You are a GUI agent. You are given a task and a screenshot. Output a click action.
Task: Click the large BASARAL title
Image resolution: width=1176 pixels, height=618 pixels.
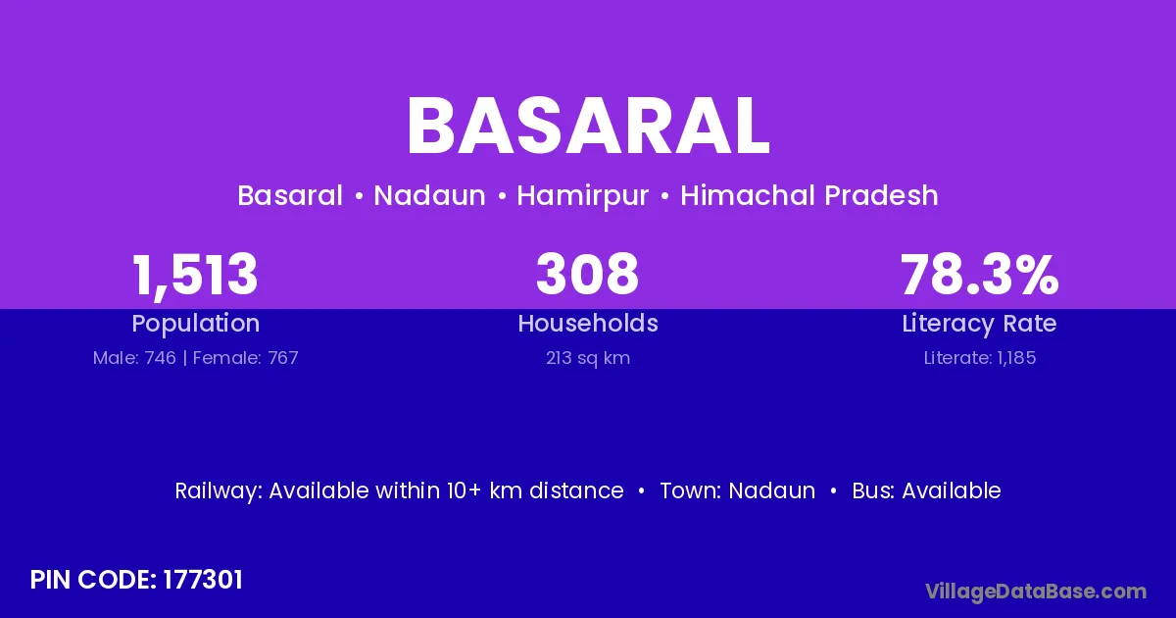tap(588, 127)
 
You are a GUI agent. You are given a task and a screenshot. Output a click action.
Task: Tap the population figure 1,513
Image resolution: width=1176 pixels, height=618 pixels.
tap(195, 276)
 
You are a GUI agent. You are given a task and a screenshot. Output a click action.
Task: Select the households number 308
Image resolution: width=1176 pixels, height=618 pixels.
tap(587, 274)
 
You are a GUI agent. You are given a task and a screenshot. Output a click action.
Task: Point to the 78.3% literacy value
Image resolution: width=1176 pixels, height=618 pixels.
tap(980, 274)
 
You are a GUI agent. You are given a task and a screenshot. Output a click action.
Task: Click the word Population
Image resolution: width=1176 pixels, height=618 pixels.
tap(196, 324)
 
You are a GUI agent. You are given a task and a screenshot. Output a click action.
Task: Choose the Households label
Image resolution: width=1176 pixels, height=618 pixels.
tap(588, 323)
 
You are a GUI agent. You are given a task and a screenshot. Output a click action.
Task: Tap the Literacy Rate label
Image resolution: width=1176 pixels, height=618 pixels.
tap(980, 324)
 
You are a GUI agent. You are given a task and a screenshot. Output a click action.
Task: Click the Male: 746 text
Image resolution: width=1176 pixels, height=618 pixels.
tap(134, 358)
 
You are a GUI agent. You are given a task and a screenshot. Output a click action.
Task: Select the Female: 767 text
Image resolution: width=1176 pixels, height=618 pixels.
tap(246, 358)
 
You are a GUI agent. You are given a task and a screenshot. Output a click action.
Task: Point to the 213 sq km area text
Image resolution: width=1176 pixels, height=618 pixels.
tap(588, 358)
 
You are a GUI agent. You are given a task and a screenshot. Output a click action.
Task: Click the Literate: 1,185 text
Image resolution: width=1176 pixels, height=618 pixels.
tap(980, 358)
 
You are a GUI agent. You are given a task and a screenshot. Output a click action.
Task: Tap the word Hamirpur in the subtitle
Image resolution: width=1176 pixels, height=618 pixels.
tap(583, 196)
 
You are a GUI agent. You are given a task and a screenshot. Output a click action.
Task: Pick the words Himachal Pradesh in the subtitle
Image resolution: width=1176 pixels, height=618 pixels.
tap(809, 195)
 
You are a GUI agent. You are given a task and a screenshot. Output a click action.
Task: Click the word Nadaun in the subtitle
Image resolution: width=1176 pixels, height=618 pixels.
tap(429, 195)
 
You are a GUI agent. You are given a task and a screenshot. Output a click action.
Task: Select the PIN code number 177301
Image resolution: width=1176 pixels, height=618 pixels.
tap(203, 580)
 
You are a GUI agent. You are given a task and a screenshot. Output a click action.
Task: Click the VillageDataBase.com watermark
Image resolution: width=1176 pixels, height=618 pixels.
tap(1037, 592)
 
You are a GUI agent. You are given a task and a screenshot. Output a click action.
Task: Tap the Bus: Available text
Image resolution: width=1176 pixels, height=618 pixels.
tap(927, 490)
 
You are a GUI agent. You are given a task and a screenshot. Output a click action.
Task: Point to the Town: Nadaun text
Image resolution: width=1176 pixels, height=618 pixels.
tap(738, 490)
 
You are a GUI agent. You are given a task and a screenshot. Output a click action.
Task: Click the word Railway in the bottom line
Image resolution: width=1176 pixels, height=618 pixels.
tap(219, 491)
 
